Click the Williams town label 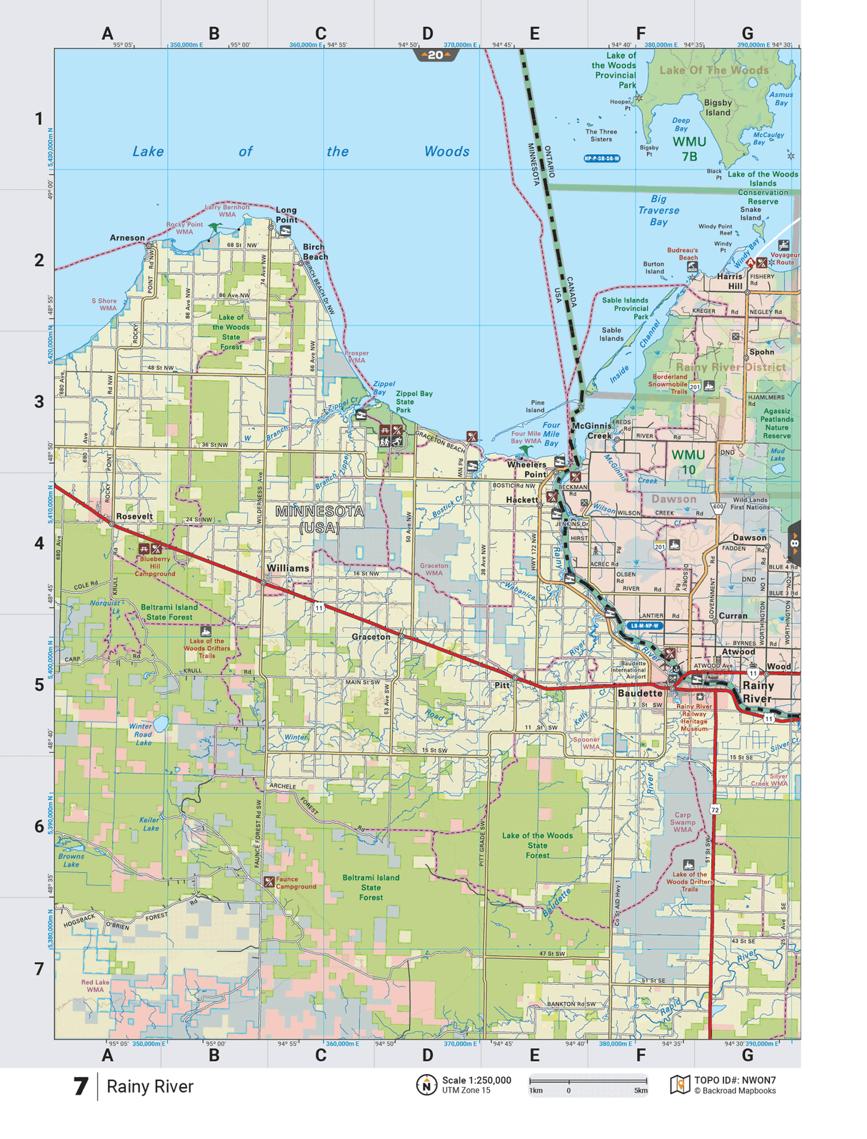(288, 568)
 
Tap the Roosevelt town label (134, 516)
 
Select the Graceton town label (371, 637)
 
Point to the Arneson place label (127, 238)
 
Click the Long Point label (286, 214)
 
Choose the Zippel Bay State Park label (414, 402)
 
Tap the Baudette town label (640, 693)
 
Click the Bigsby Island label (718, 108)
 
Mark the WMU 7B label (689, 148)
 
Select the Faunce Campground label (296, 883)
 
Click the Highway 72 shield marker (715, 809)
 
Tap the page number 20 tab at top (436, 55)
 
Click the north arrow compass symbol (426, 1085)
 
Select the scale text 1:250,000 (476, 1080)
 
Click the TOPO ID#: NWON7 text (735, 1080)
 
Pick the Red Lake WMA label (95, 986)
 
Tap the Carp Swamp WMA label (683, 822)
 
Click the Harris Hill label (730, 280)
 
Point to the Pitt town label (502, 685)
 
